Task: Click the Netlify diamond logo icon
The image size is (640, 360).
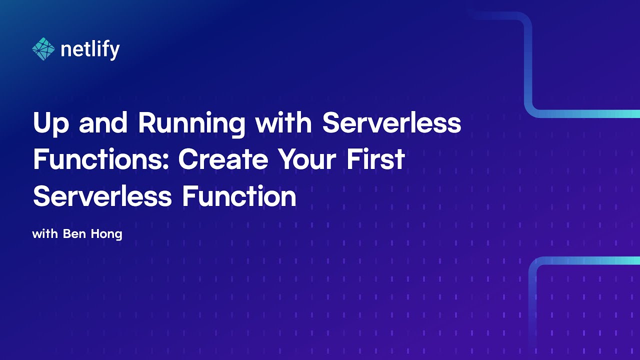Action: [x=43, y=49]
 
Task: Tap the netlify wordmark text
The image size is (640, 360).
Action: [x=90, y=49]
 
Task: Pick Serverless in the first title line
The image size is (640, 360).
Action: [x=391, y=122]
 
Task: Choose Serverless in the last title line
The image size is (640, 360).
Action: [x=102, y=196]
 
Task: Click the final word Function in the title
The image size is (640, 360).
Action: [x=239, y=196]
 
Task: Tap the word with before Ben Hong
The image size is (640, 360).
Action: [x=45, y=233]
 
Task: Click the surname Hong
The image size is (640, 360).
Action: [x=105, y=234]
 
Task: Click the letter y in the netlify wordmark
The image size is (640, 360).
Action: [x=115, y=51]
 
